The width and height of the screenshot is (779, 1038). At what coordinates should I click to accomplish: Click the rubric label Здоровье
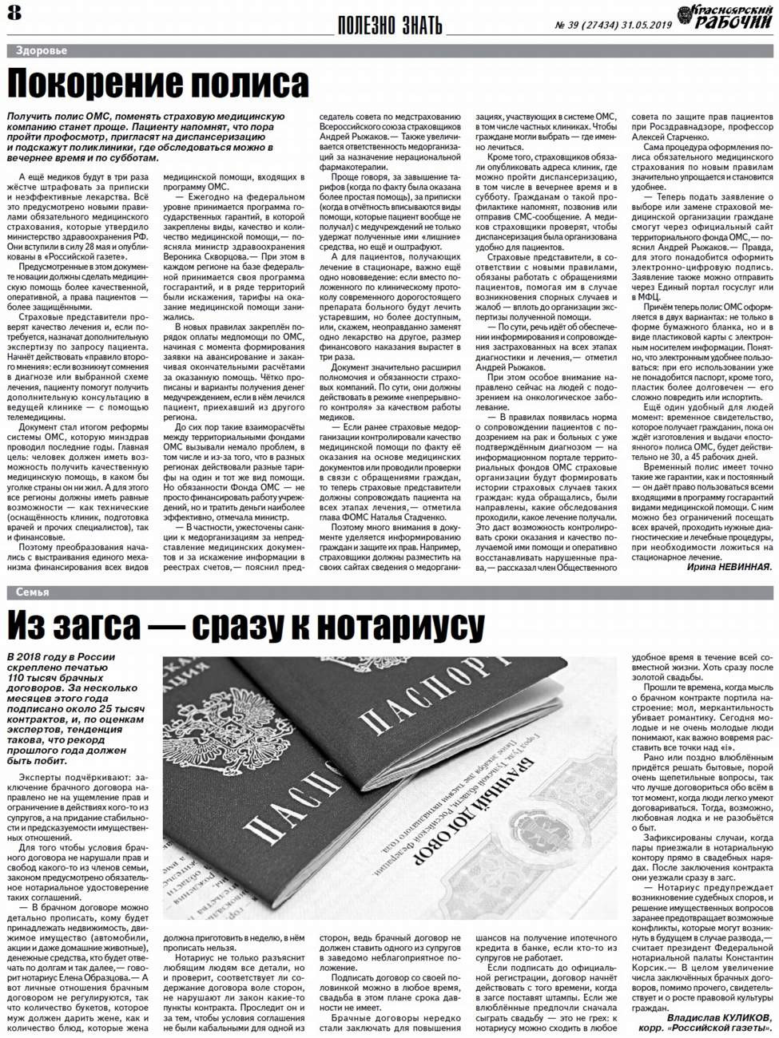coord(42,50)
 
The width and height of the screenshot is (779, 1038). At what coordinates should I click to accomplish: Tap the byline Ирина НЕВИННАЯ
coord(729,567)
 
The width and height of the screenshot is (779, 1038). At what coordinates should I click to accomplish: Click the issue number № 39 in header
coord(570,25)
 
